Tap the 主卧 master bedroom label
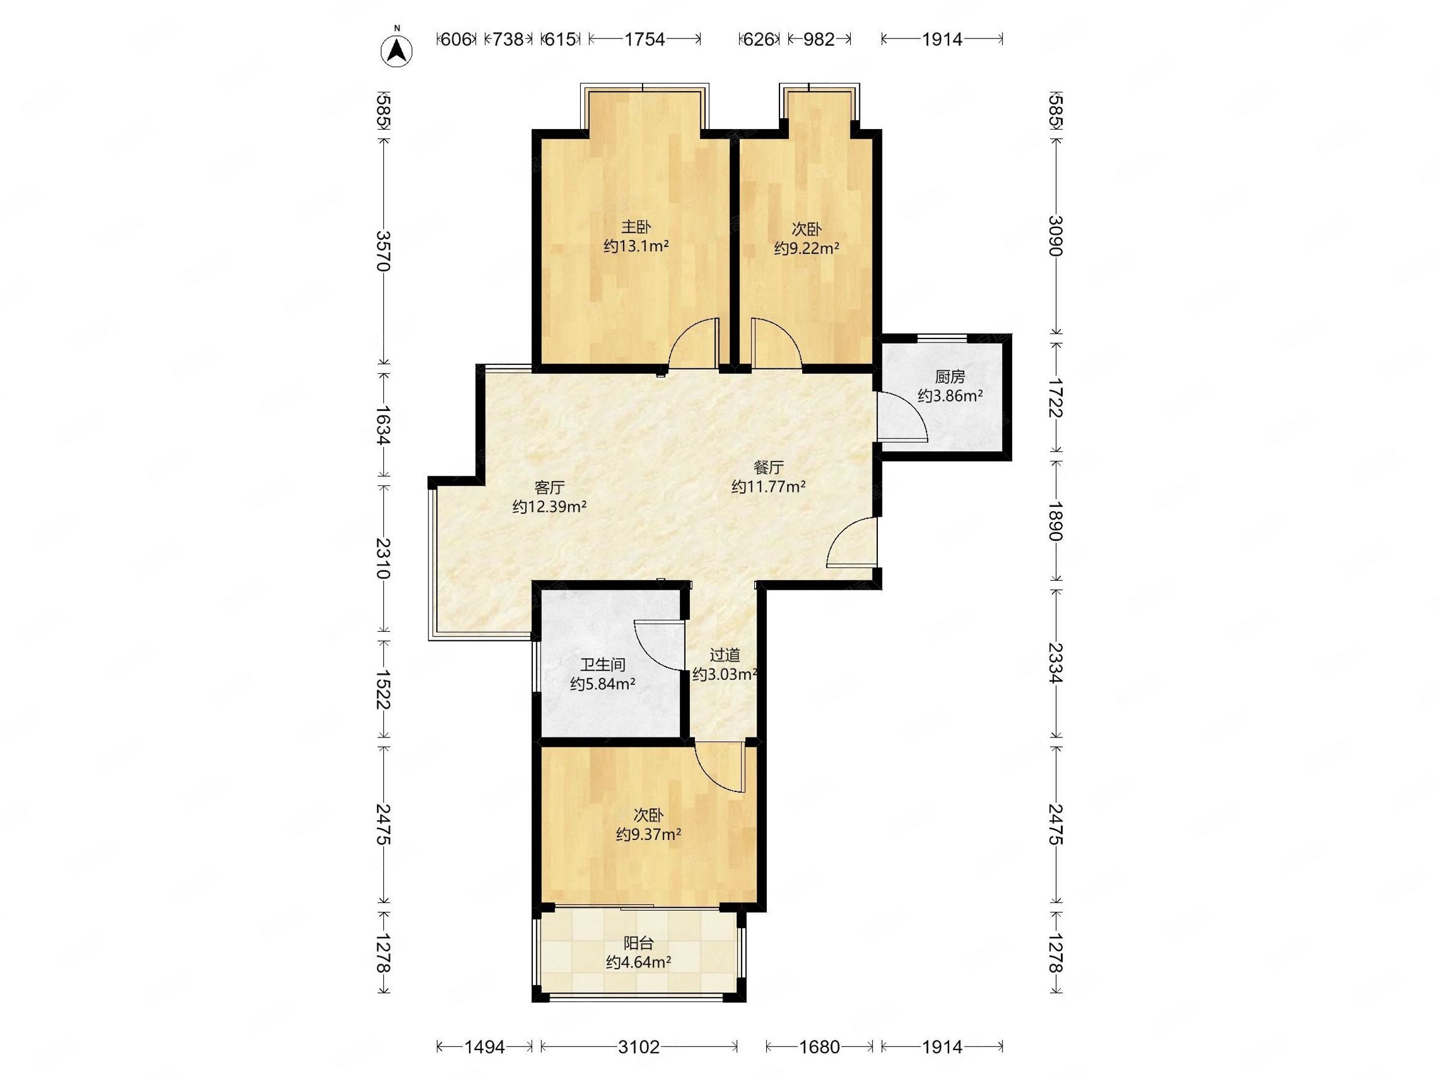pyautogui.click(x=635, y=227)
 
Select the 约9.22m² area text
pyautogui.click(x=806, y=248)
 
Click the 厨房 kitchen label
pyautogui.click(x=950, y=376)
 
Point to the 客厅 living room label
pyautogui.click(x=550, y=488)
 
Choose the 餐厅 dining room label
pyautogui.click(x=768, y=467)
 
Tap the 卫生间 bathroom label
pyautogui.click(x=603, y=665)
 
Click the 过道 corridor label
pyautogui.click(x=725, y=655)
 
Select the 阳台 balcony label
pyautogui.click(x=638, y=943)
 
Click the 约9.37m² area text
pyautogui.click(x=649, y=835)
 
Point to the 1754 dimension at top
pyautogui.click(x=644, y=40)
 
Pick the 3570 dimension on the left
pyautogui.click(x=383, y=251)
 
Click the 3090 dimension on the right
pyautogui.click(x=1055, y=236)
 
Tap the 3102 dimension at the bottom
pyautogui.click(x=638, y=1047)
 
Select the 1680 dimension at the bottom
pyautogui.click(x=819, y=1047)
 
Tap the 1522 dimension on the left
pyautogui.click(x=383, y=690)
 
